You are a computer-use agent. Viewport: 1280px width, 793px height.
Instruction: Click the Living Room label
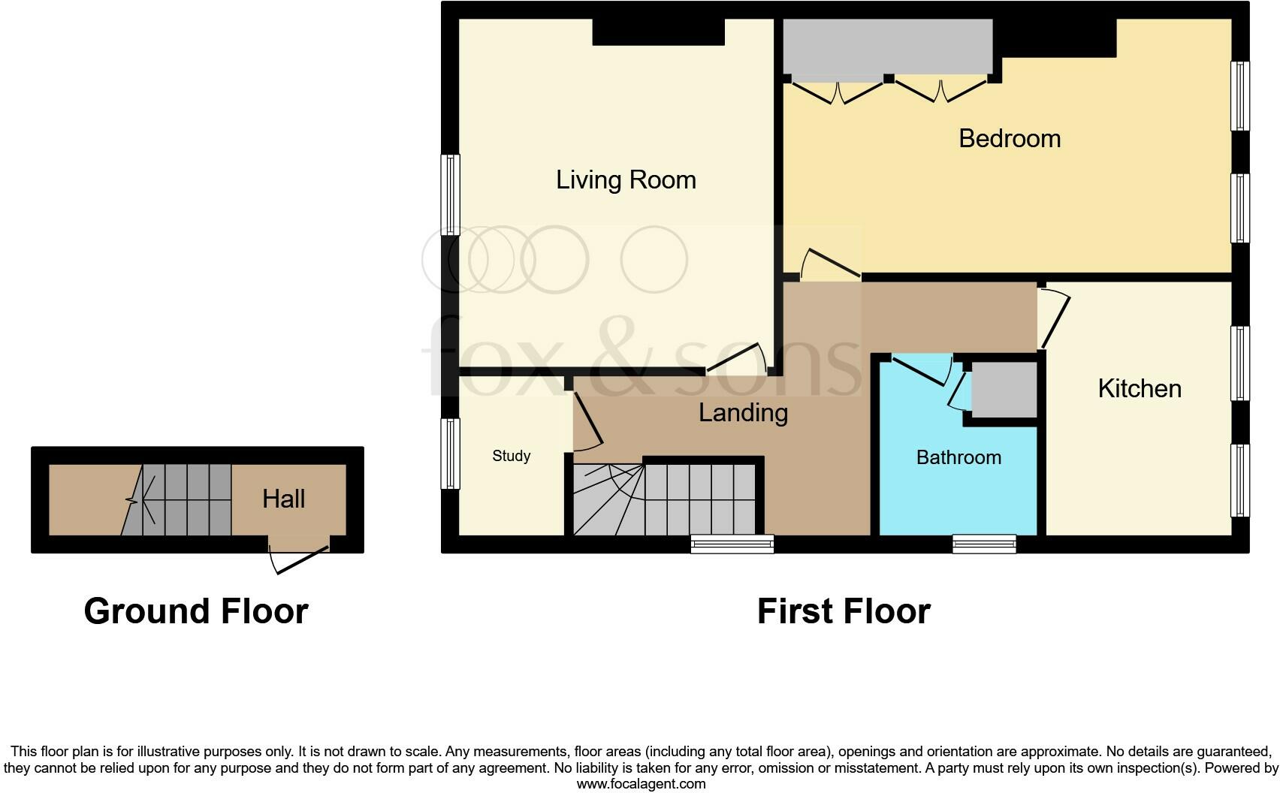[626, 180]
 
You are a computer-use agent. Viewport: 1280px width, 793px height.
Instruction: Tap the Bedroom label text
[1009, 138]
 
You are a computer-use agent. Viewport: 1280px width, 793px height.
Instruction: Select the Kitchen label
[1139, 388]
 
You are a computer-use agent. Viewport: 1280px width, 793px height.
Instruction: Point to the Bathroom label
[958, 457]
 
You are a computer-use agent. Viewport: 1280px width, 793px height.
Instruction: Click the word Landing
[743, 412]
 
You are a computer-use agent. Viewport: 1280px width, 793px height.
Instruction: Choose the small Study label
[511, 456]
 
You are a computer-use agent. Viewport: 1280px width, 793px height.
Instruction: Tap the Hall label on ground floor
[283, 499]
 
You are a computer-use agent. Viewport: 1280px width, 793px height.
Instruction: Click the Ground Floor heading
[196, 611]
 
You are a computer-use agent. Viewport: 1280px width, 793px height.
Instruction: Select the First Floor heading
[843, 611]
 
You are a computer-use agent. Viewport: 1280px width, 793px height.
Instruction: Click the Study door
[588, 421]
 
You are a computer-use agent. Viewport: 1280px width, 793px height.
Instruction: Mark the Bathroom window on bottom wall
[984, 544]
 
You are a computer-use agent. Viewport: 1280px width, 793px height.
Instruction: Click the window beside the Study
[449, 453]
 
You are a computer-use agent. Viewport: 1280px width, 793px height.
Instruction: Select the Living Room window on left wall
[449, 194]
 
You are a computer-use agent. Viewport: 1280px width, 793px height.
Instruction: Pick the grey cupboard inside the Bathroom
[1004, 390]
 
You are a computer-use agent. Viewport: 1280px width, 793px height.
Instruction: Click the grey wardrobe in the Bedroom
[887, 47]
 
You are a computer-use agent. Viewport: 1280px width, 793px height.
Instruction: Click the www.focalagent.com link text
[641, 784]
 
